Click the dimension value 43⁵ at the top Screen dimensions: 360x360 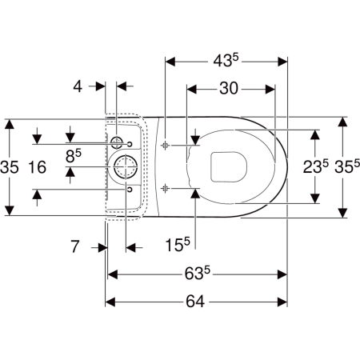(226, 61)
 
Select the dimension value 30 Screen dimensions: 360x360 (229, 88)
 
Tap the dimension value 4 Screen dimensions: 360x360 (78, 86)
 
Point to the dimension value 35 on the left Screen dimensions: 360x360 (10, 167)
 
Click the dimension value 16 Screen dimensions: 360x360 (38, 167)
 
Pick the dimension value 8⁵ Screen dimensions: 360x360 (74, 155)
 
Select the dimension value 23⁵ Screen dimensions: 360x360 (316, 166)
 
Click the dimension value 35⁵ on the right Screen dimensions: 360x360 (347, 166)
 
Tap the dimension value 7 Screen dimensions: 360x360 (75, 246)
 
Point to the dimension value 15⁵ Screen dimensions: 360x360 (178, 244)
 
